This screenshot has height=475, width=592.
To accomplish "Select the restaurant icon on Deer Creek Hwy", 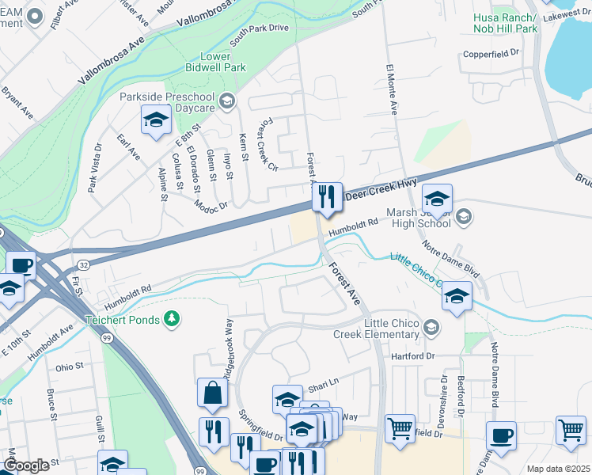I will [327, 196].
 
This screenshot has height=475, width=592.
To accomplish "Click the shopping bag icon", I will [213, 391].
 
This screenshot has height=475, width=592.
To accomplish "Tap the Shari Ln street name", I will [323, 382].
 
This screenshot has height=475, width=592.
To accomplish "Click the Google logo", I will [26, 465].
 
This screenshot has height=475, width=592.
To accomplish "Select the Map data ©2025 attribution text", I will [558, 469].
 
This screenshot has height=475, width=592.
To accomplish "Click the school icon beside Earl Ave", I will [156, 120].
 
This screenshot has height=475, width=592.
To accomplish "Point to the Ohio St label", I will [70, 368].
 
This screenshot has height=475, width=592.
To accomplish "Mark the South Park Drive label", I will [260, 32].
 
